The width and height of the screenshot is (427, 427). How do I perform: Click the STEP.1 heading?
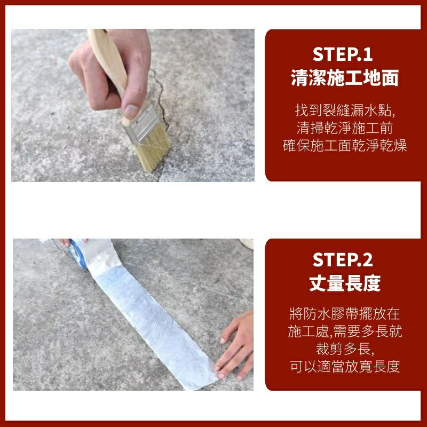click(342, 54)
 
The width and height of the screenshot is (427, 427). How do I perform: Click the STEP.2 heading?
click(342, 259)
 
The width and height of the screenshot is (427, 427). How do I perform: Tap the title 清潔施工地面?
click(345, 79)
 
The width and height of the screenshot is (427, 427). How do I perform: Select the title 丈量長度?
click(345, 283)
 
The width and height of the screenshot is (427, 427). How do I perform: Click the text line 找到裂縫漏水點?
click(345, 111)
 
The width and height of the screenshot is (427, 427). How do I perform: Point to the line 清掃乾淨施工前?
click(345, 128)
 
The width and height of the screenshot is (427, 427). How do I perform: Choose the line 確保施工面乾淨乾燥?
click(345, 146)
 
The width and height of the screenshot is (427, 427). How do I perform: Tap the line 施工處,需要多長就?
click(345, 331)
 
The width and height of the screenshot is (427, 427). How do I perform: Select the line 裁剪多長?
click(345, 349)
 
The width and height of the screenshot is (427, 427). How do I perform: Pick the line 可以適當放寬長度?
click(345, 367)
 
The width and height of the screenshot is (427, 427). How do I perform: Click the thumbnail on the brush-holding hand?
click(131, 111)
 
